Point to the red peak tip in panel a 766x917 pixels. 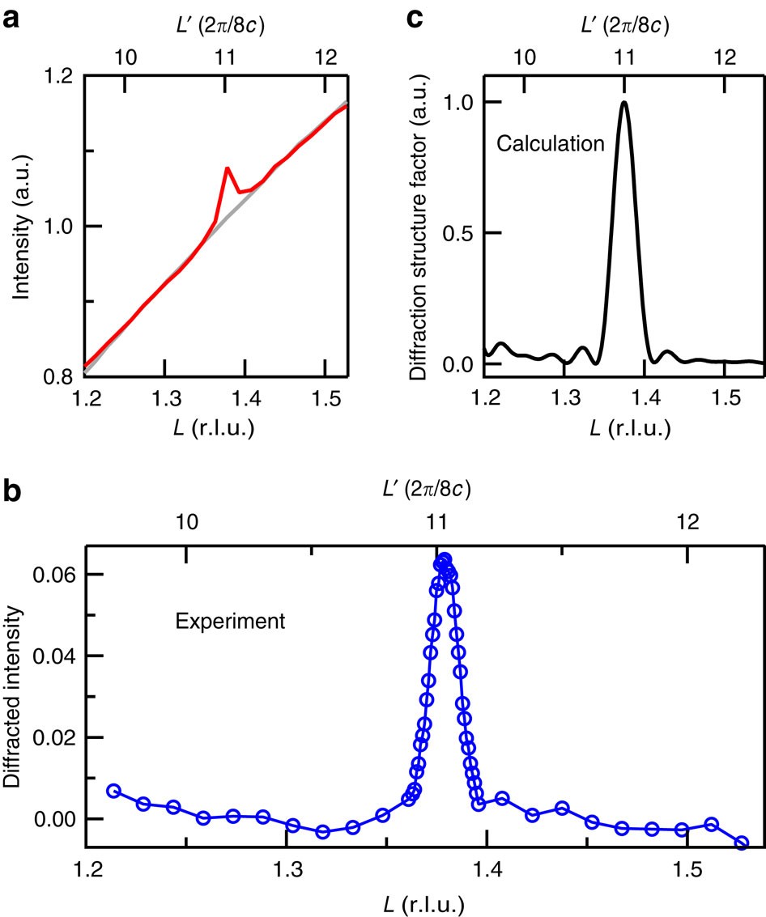pos(227,168)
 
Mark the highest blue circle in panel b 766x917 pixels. pos(445,558)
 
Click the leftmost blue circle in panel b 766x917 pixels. pos(113,791)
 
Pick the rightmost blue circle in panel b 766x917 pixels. pos(742,843)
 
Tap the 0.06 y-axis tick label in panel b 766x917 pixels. pos(53,575)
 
